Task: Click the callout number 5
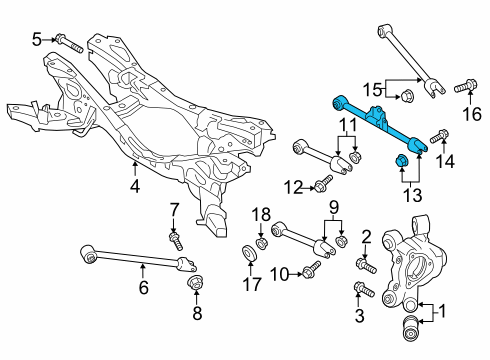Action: [x=37, y=40]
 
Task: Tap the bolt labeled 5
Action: [x=70, y=43]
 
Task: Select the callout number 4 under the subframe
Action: [x=135, y=186]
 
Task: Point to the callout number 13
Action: [x=413, y=195]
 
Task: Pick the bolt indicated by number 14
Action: [x=439, y=136]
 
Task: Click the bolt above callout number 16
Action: [x=466, y=86]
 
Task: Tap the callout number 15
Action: [x=372, y=90]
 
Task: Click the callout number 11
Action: [x=347, y=126]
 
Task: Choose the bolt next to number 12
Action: [x=323, y=183]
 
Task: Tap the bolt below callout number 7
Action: [x=176, y=241]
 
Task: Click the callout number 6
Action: [x=143, y=287]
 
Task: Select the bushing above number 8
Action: [x=195, y=284]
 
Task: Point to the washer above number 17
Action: [x=249, y=253]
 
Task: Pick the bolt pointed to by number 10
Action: [x=311, y=269]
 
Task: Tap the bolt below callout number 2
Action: [x=366, y=265]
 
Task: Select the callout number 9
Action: [x=334, y=207]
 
